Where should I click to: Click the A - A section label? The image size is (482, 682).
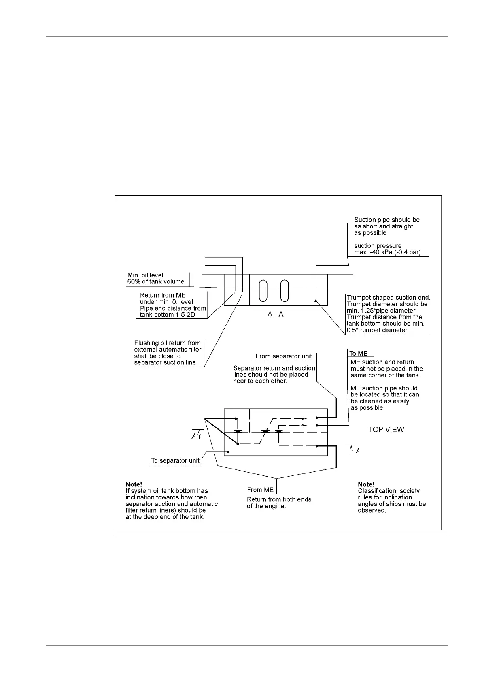click(x=275, y=314)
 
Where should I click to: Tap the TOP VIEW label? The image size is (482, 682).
click(x=386, y=430)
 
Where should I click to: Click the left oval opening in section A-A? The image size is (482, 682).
click(x=263, y=290)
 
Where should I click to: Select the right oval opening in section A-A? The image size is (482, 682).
click(x=285, y=290)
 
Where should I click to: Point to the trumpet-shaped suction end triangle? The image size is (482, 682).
click(x=315, y=301)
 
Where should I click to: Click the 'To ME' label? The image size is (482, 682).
click(x=359, y=354)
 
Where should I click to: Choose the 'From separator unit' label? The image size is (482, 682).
click(x=284, y=356)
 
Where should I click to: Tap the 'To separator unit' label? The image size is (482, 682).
click(x=175, y=461)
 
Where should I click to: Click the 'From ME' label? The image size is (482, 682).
click(x=260, y=490)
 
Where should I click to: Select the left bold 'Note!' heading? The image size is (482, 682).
click(x=134, y=484)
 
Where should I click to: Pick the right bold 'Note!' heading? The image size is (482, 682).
click(x=366, y=484)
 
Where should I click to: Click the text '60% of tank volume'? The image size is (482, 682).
click(x=156, y=282)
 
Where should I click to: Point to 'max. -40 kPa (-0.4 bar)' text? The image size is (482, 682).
click(x=387, y=252)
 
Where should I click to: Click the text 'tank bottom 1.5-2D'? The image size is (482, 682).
click(x=168, y=315)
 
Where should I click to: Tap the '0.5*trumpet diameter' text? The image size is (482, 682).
click(x=377, y=330)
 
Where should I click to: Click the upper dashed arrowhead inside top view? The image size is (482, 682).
click(x=304, y=418)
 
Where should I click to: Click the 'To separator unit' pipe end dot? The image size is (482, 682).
click(x=229, y=452)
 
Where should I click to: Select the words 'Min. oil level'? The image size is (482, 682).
click(x=145, y=275)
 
